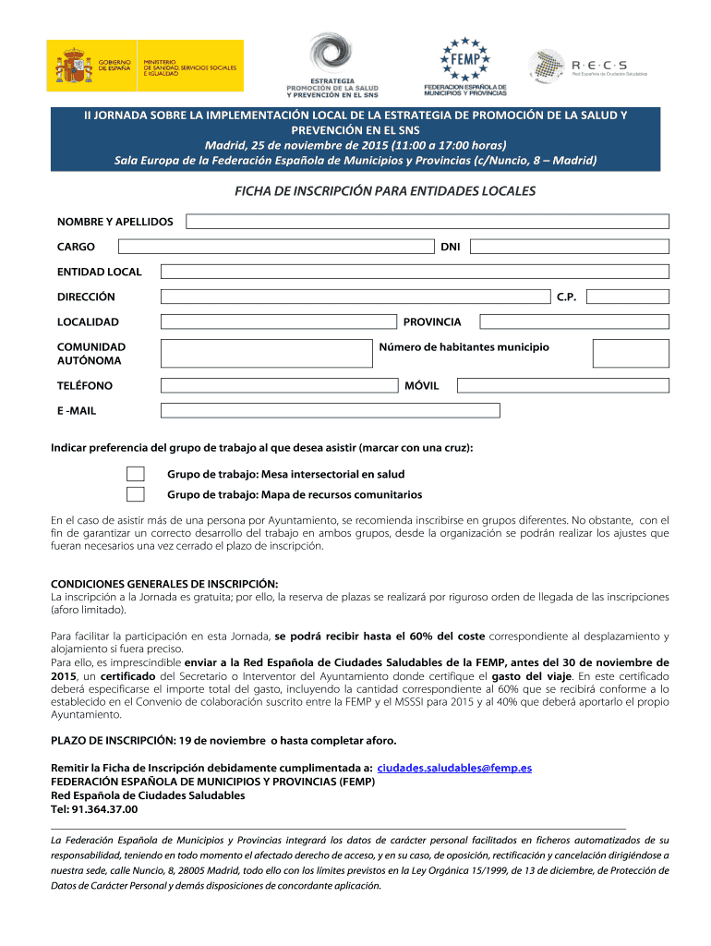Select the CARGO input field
tap(278, 247)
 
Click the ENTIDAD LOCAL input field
tap(415, 272)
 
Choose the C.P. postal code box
tap(628, 297)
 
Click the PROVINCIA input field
tap(568, 321)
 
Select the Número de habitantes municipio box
tap(631, 353)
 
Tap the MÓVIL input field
tap(567, 385)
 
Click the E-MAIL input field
tap(330, 410)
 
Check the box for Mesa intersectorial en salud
tap(136, 474)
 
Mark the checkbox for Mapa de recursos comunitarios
tap(136, 494)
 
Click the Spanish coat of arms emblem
tap(73, 66)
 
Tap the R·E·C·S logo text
tap(599, 65)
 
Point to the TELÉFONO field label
tap(85, 385)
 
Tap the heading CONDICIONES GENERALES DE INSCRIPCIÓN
tap(163, 584)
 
